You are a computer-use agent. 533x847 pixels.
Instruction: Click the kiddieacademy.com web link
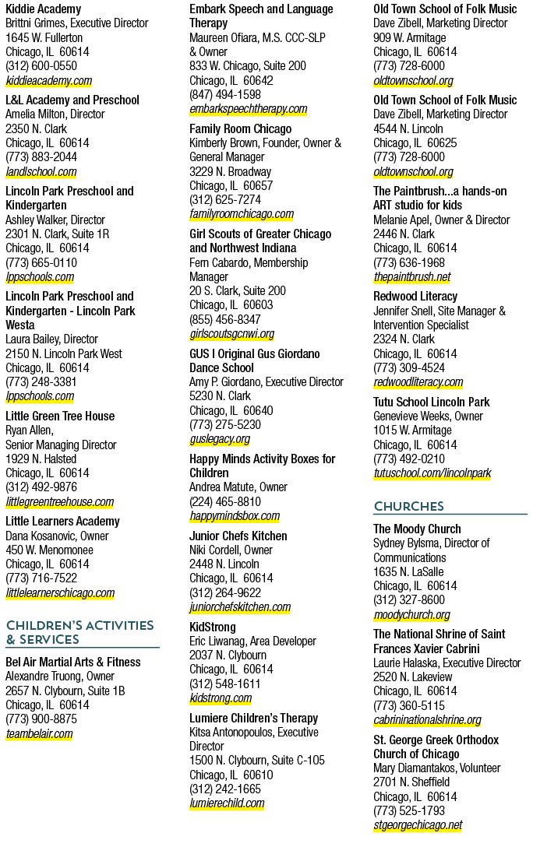point(48,80)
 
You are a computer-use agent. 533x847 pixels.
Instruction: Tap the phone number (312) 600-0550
point(41,66)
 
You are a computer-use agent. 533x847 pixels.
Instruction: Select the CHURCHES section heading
point(408,506)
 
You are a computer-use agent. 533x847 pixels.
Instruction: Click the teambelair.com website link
point(39,733)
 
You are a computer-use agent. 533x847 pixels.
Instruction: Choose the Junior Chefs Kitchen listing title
point(238,536)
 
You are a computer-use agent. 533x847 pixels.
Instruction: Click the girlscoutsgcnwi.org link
point(232,334)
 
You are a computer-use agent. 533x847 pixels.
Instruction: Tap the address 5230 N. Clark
point(220,396)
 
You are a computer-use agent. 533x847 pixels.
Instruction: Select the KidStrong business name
point(213,627)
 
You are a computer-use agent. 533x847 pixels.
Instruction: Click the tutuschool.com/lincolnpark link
point(432,473)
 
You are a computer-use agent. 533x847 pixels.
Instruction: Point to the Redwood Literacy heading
point(415,296)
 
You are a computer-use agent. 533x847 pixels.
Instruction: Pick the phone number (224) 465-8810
point(225,501)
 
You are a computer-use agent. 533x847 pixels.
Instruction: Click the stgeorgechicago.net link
point(418,825)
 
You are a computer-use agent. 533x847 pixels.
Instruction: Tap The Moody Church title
point(418,529)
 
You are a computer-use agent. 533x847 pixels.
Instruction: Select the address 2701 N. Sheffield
point(411,782)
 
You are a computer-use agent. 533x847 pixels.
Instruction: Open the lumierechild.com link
point(227,803)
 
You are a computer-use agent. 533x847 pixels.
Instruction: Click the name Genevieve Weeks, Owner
point(428,416)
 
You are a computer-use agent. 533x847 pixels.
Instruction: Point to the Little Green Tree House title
point(60,416)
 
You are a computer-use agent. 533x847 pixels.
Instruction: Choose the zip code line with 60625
point(415,143)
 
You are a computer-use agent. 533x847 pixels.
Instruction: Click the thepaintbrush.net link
point(412,277)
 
